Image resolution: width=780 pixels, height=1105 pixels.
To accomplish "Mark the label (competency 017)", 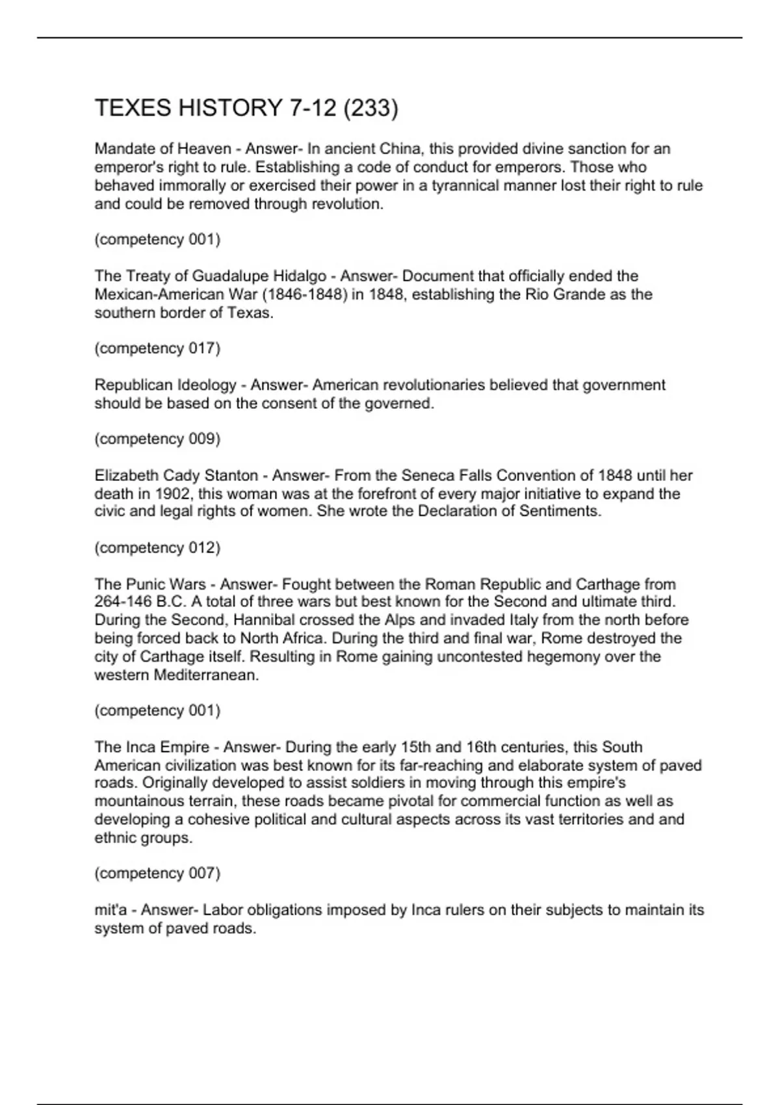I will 157,348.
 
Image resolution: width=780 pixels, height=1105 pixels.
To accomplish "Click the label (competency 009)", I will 157,439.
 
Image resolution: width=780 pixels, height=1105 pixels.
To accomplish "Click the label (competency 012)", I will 157,547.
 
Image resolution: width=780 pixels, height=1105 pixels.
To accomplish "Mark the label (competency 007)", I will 157,873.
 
